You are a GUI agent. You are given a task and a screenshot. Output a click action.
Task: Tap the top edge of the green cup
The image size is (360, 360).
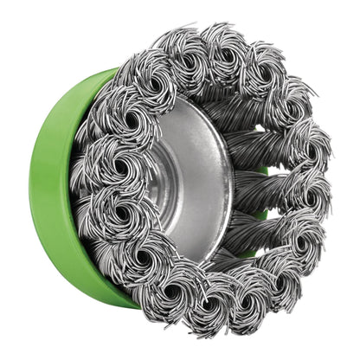pos(95,74)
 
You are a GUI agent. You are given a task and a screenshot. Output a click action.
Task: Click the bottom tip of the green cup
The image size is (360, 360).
pos(121,303)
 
